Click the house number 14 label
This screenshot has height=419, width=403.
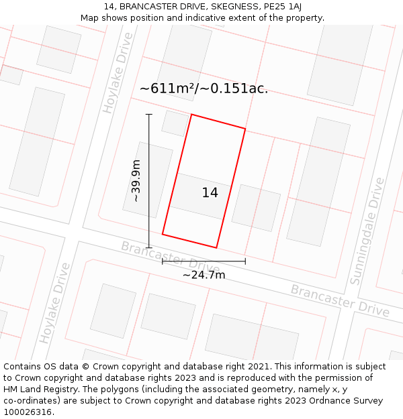tap(210, 193)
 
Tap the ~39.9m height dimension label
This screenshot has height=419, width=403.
tap(136, 181)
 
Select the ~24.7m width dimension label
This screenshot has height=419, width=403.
tap(204, 274)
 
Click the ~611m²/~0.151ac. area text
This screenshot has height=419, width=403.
tap(204, 88)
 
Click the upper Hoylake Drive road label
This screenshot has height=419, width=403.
tap(118, 82)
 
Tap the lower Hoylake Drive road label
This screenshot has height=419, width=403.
tap(55, 302)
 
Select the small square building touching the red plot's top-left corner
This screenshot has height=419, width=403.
tap(175, 123)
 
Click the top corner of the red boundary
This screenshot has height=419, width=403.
tap(191, 115)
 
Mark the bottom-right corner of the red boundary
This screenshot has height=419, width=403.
tap(217, 247)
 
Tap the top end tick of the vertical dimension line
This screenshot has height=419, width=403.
tap(149, 115)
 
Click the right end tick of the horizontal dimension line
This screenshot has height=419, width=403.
tap(245, 261)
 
